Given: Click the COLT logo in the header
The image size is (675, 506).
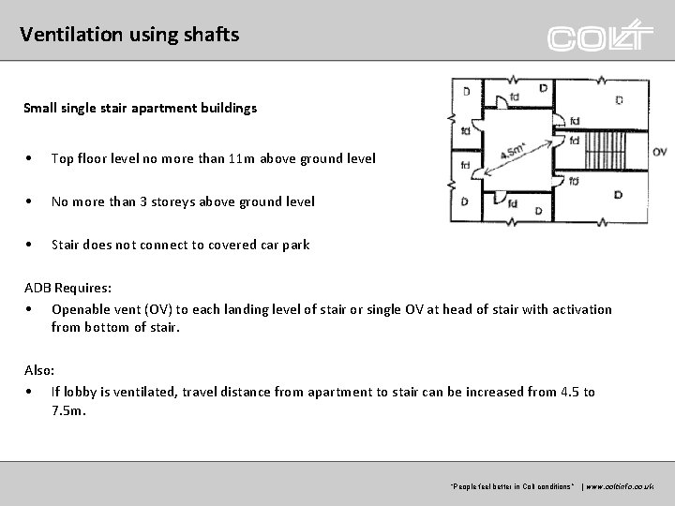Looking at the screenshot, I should pyautogui.click(x=600, y=37).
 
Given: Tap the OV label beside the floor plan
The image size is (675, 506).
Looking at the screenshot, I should pyautogui.click(x=659, y=152).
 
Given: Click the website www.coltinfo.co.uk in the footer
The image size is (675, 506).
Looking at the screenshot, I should pyautogui.click(x=624, y=487).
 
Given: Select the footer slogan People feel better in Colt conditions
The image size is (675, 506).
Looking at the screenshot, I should pyautogui.click(x=513, y=487).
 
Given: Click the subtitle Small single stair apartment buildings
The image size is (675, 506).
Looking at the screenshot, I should pyautogui.click(x=140, y=108).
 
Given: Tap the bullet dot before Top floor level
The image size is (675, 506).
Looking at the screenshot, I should pyautogui.click(x=32, y=159).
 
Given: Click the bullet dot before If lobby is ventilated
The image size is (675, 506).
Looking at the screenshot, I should pyautogui.click(x=32, y=393).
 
